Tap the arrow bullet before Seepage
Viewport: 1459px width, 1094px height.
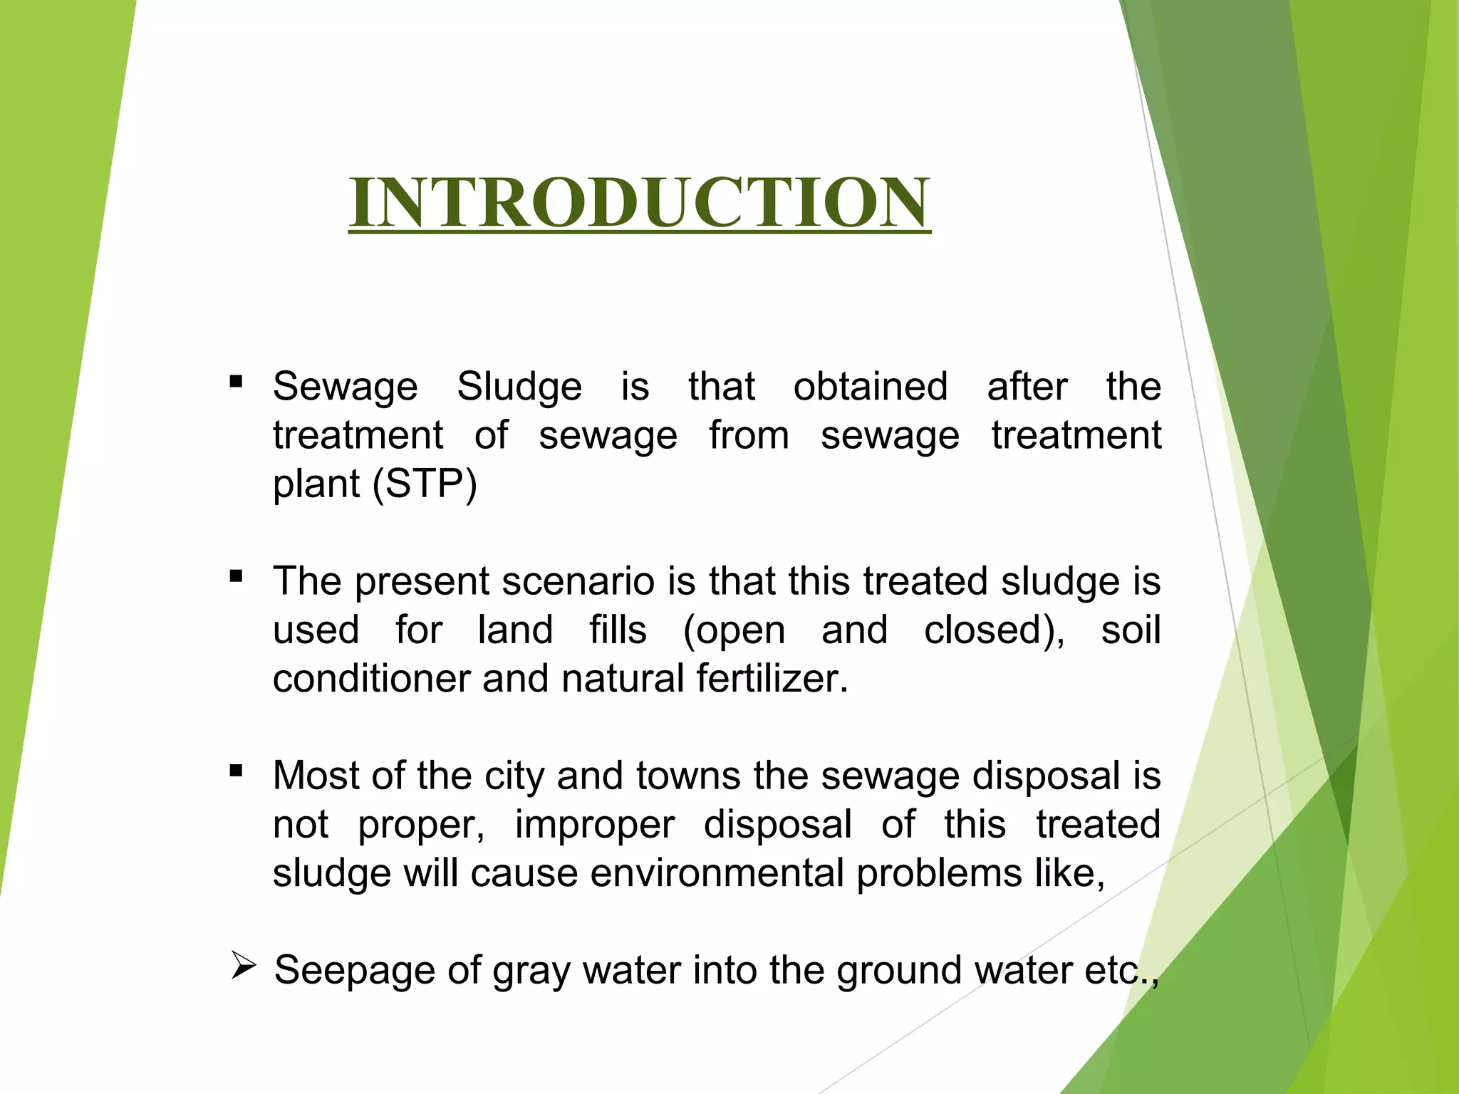244,968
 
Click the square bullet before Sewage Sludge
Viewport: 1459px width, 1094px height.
237,382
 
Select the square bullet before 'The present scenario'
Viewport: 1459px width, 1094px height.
237,575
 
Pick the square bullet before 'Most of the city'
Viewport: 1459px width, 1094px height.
237,770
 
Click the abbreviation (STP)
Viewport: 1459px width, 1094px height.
425,484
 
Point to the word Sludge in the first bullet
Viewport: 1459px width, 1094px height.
519,387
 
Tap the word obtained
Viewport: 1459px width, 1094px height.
871,387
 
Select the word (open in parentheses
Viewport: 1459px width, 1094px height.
734,631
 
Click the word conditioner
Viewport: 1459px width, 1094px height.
371,679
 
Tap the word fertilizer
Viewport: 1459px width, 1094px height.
772,679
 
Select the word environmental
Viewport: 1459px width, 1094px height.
717,873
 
